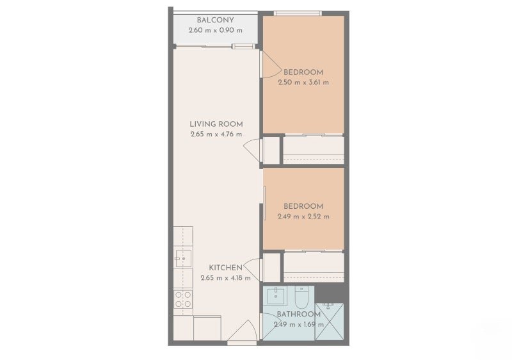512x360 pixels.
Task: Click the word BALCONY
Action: pos(215,20)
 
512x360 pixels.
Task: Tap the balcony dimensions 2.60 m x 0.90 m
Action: pos(215,30)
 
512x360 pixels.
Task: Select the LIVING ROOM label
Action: pos(216,124)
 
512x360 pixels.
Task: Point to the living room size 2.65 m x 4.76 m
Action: pos(216,135)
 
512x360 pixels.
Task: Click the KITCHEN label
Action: pos(225,268)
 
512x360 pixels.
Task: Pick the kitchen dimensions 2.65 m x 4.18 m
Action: pos(225,278)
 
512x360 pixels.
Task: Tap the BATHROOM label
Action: pos(298,315)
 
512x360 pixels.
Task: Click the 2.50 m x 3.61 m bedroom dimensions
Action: pos(303,82)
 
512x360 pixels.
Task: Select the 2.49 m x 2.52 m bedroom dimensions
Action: pos(303,217)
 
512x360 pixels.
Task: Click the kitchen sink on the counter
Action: pos(182,259)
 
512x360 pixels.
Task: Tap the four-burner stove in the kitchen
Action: pos(183,299)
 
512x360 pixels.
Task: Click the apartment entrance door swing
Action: pos(242,332)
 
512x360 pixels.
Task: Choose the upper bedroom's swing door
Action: pos(269,64)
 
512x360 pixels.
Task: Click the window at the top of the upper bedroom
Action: pos(298,13)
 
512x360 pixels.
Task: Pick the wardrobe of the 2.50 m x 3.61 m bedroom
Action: pos(314,150)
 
